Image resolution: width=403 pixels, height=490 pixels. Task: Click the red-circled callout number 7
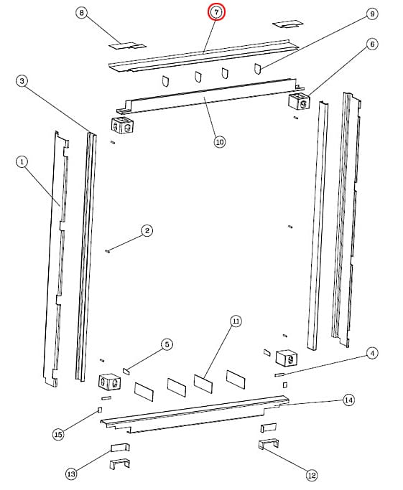coord(216,12)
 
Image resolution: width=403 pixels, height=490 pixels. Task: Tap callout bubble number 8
coord(82,13)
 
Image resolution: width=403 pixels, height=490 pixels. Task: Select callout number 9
coord(372,14)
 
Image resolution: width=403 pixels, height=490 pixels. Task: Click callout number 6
coord(372,44)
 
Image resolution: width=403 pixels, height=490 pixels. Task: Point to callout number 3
coord(22,81)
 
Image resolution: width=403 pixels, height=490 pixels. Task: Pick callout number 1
coord(22,162)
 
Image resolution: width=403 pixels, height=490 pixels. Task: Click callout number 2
coord(147,231)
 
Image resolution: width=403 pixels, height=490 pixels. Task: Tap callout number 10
coord(220,142)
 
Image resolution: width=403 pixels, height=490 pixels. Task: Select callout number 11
coord(236,321)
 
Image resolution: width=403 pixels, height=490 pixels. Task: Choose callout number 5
coord(167,344)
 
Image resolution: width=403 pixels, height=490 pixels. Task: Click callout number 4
coord(372,354)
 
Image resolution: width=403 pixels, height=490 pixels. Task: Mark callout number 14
coord(349,400)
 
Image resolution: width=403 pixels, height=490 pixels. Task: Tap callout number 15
coord(58,434)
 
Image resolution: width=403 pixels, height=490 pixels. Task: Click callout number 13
coord(71,473)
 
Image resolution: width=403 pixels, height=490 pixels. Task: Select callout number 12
coord(312,476)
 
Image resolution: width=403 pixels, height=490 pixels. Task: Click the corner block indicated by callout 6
coord(299,100)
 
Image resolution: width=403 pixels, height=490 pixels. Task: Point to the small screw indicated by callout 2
coord(108,250)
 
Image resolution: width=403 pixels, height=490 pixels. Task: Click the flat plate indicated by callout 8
coord(127,46)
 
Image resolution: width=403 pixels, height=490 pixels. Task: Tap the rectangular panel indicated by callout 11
coord(203,383)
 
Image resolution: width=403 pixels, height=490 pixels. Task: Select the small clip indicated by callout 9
coord(257,69)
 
